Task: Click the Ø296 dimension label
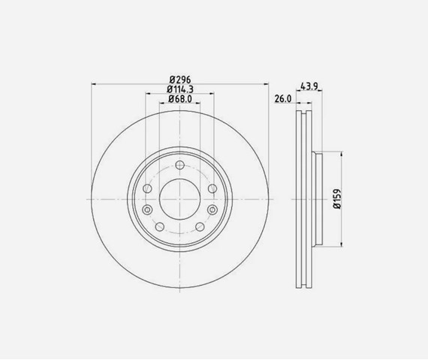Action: click(x=180, y=79)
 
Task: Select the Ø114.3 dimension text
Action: click(x=180, y=89)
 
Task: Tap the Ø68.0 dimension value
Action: click(x=180, y=99)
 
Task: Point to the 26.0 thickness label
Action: click(x=283, y=99)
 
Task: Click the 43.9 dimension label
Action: click(x=309, y=86)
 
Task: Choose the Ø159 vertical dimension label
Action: click(x=337, y=199)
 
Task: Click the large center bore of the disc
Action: click(x=179, y=199)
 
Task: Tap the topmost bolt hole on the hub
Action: click(x=180, y=165)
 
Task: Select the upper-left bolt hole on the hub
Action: click(x=147, y=188)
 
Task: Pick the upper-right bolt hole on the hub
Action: click(x=212, y=188)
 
